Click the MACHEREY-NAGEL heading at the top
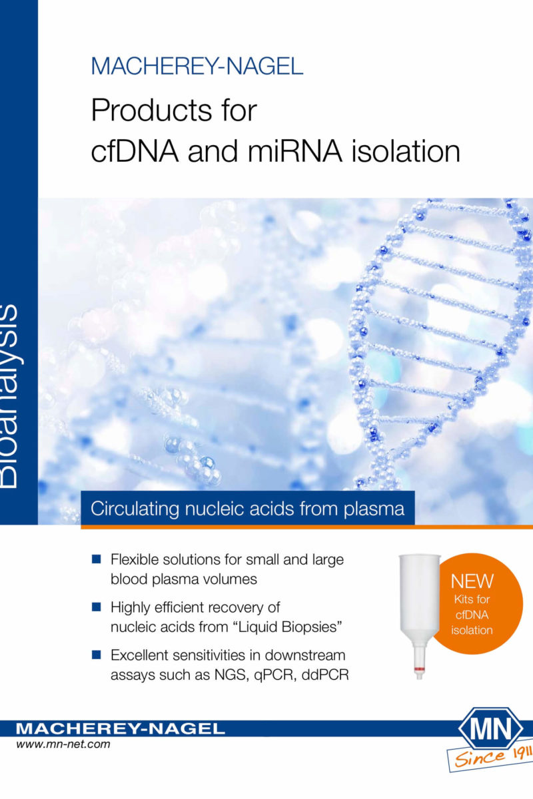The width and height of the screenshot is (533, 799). tap(197, 66)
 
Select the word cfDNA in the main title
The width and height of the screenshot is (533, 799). tap(135, 151)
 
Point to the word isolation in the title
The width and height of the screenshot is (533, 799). tap(406, 151)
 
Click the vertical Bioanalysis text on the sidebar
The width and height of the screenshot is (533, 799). tap(9, 396)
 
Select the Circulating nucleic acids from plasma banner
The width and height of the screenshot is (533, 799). tap(248, 508)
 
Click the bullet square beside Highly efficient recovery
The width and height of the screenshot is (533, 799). tap(97, 607)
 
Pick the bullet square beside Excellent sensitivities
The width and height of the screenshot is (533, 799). tap(97, 654)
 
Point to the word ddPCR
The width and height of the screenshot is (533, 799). tap(325, 674)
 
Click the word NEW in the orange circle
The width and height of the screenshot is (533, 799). tap(472, 581)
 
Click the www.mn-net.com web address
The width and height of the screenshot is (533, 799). tap(63, 744)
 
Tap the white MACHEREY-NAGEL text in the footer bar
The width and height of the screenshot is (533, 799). tap(121, 728)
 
